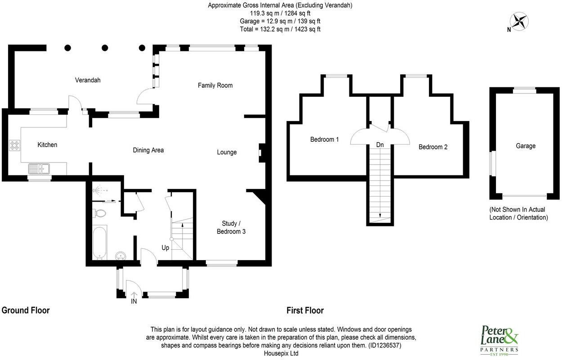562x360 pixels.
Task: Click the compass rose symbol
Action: pyautogui.click(x=520, y=21)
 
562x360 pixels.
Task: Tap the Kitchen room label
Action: pyautogui.click(x=47, y=144)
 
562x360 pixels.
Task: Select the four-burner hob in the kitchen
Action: pyautogui.click(x=14, y=145)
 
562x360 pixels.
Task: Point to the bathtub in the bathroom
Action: pyautogui.click(x=100, y=243)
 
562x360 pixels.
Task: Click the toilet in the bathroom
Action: pyautogui.click(x=100, y=213)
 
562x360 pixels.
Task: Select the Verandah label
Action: pyautogui.click(x=88, y=80)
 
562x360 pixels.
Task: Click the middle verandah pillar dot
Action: pyautogui.click(x=105, y=47)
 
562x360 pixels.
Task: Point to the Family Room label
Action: pyautogui.click(x=215, y=85)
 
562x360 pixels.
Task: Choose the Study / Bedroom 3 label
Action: pyautogui.click(x=231, y=227)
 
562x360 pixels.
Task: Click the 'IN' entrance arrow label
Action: pyautogui.click(x=134, y=301)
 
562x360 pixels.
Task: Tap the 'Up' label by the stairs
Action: pyautogui.click(x=165, y=247)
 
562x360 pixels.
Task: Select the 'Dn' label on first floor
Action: pyautogui.click(x=380, y=145)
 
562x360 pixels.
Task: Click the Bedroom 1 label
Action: pyautogui.click(x=325, y=139)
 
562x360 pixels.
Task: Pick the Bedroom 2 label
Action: pyautogui.click(x=433, y=147)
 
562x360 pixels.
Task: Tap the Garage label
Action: pyautogui.click(x=526, y=146)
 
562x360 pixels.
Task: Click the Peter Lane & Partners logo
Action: pyautogui.click(x=500, y=340)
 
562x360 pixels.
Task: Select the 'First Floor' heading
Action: pyautogui.click(x=305, y=310)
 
